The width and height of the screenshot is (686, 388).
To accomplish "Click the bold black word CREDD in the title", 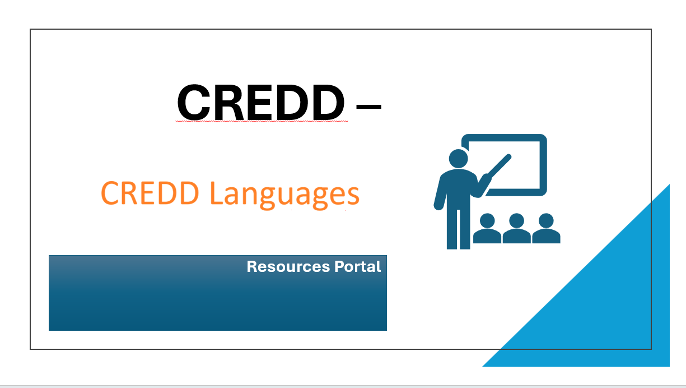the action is click(260, 102).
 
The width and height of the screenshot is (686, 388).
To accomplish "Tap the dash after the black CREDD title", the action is click(368, 107).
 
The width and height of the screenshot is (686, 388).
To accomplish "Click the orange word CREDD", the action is click(150, 193).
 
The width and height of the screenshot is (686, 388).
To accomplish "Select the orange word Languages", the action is click(284, 195).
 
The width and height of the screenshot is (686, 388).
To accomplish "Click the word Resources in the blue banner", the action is click(288, 266).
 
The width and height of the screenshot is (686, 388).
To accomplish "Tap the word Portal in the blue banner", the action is click(358, 266).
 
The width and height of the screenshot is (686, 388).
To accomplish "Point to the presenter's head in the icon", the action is click(459, 159).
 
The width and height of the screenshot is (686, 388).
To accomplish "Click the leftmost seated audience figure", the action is click(487, 229).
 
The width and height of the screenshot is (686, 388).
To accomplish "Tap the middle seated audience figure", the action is click(517, 229).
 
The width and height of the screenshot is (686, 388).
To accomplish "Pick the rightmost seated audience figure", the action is click(546, 229).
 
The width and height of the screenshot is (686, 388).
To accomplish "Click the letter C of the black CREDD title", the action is click(194, 102).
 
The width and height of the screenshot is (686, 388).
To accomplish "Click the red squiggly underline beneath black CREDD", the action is click(262, 122).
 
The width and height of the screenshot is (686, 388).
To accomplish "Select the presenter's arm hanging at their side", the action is click(440, 192).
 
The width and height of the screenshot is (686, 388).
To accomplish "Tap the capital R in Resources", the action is click(253, 266).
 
